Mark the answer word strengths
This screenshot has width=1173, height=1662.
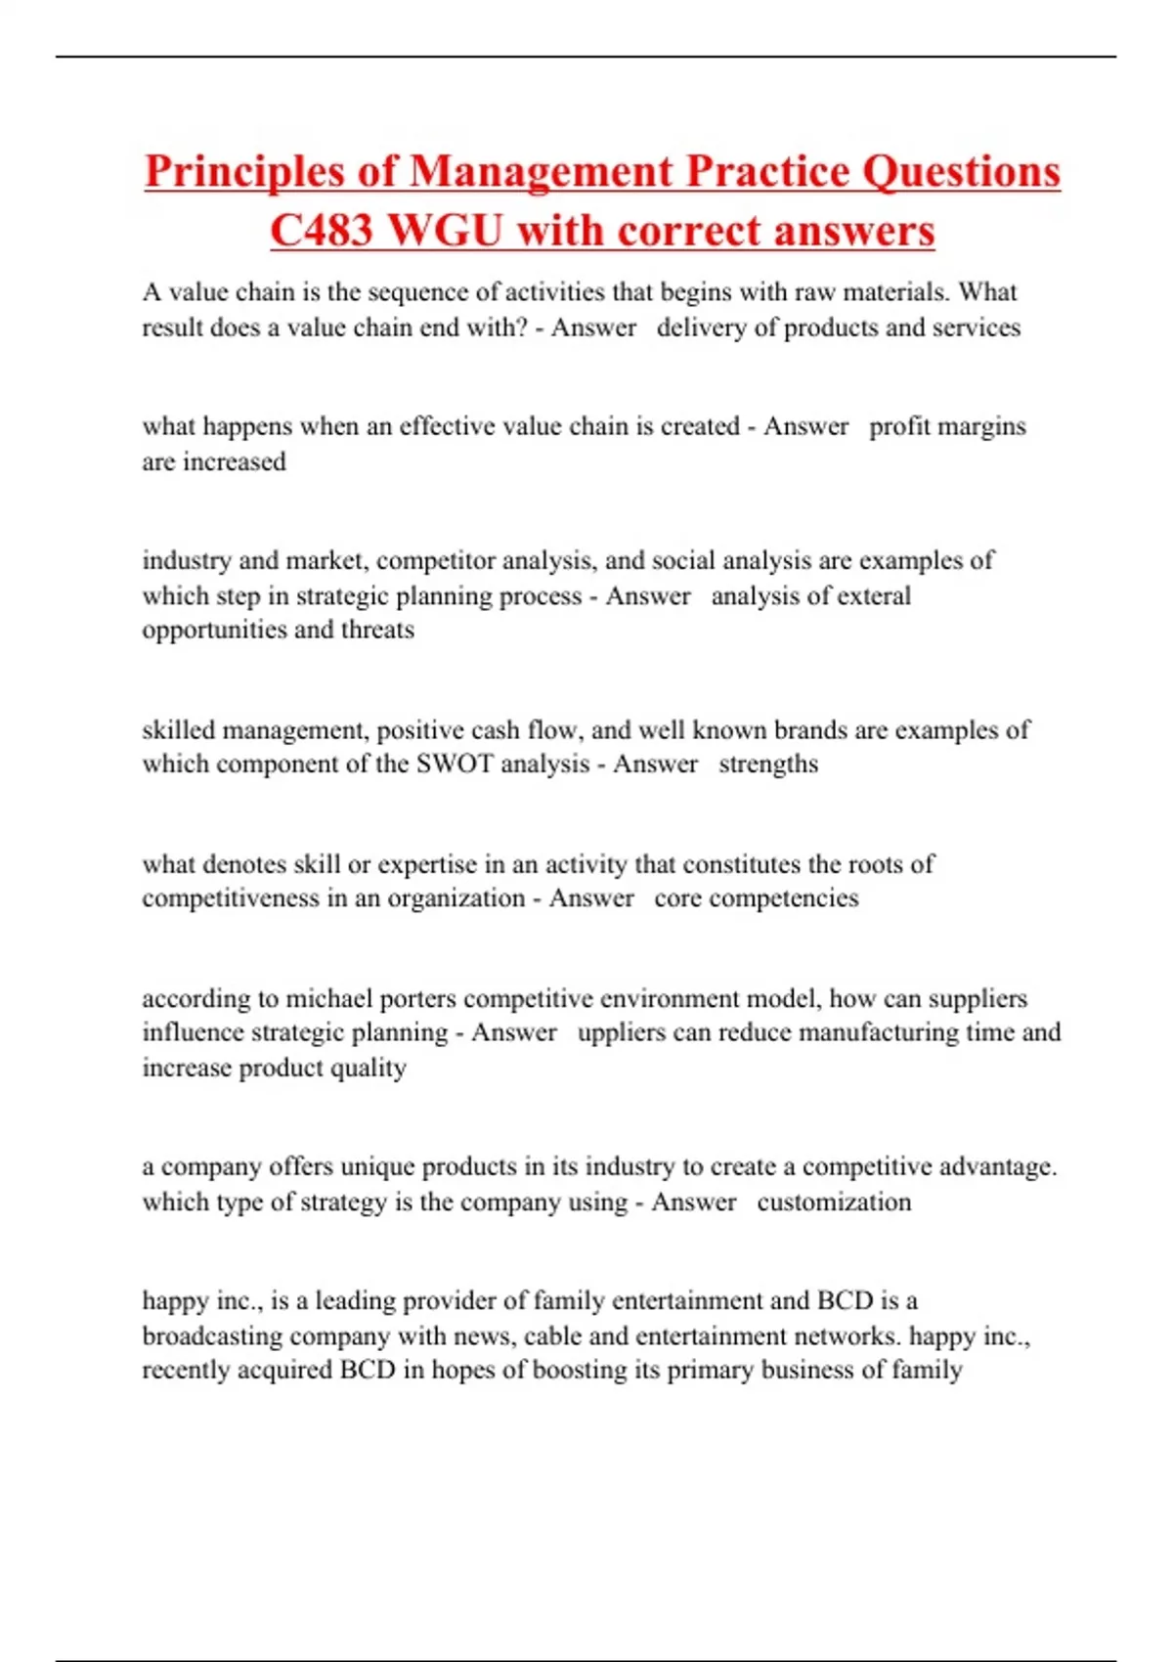768,765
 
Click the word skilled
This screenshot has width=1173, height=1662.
179,730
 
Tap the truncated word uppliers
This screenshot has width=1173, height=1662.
622,1032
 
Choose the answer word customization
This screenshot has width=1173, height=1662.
834,1202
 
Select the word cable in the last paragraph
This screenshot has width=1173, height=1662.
553,1335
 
